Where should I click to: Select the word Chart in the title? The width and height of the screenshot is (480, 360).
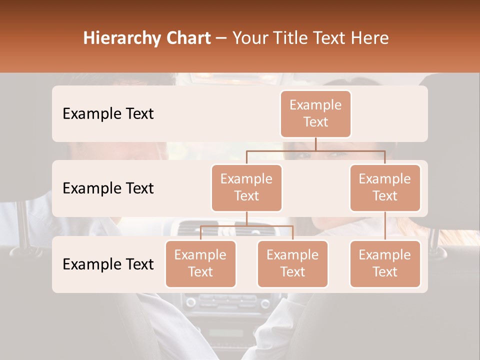point(187,38)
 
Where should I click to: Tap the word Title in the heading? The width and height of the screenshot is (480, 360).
point(287,38)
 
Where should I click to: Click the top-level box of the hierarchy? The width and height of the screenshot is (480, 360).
point(315,113)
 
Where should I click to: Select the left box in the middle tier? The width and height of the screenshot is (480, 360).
point(246,187)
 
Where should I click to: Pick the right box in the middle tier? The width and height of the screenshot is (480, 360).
point(385,187)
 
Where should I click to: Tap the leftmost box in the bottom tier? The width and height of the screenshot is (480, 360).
point(200,263)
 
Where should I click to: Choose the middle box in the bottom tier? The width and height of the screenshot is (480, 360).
point(292,263)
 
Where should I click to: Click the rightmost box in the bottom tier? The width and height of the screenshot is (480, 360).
point(385,263)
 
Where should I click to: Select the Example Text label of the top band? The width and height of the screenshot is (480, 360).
point(108,113)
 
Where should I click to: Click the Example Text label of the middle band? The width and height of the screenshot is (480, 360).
point(108,188)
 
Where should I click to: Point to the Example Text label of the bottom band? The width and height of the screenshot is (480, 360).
point(108,264)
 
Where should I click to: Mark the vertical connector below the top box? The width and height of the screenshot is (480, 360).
point(315,144)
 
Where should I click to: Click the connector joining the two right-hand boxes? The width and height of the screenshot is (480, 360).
point(385,226)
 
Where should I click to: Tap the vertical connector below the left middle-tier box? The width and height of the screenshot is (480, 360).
point(246,218)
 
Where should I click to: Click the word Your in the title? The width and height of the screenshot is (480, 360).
point(250,38)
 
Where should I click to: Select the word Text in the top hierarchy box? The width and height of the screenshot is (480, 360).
point(315,122)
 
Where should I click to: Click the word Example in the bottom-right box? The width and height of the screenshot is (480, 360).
point(385,255)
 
